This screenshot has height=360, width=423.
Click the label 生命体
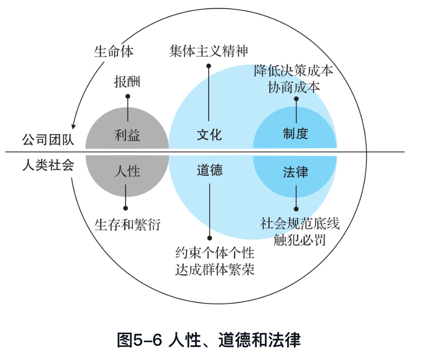(114, 51)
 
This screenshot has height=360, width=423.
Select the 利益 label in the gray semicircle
(127, 135)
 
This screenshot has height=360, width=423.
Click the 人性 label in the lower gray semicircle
(127, 171)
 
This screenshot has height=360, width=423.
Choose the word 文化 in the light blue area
(210, 135)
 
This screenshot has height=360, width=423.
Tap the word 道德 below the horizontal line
(210, 170)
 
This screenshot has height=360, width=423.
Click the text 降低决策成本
(294, 71)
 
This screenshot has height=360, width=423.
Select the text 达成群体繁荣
(215, 270)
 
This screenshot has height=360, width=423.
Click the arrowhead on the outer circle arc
(73, 126)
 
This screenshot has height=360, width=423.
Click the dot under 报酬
(128, 96)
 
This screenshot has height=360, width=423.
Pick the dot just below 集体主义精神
(209, 66)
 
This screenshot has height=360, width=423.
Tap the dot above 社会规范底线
(296, 209)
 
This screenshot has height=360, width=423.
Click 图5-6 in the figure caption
(139, 340)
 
